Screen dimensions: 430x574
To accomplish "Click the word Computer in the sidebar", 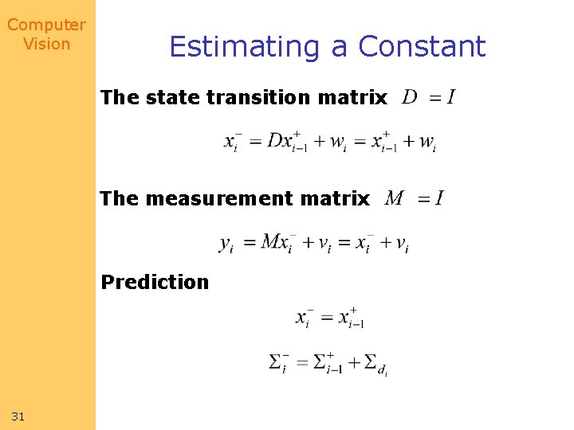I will click(x=46, y=25).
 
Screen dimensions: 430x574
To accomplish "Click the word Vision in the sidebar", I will click(x=46, y=44).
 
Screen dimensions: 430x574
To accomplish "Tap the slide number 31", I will click(x=18, y=416).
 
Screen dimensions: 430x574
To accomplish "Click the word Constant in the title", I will click(x=422, y=47).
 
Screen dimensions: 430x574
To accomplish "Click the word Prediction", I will click(x=155, y=282).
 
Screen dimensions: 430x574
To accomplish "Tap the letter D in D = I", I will click(x=410, y=97).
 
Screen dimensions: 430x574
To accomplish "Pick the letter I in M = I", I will click(x=439, y=197).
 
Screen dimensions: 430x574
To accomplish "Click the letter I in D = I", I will click(x=451, y=97).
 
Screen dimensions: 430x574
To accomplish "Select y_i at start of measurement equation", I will click(x=226, y=244).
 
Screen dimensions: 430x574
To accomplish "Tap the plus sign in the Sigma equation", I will click(x=352, y=362).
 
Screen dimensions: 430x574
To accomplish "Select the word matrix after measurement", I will click(x=339, y=198).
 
